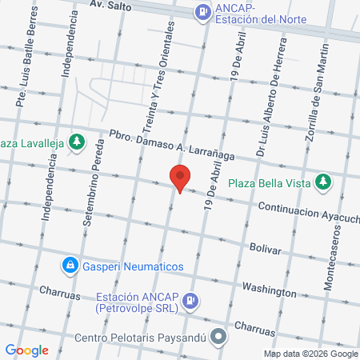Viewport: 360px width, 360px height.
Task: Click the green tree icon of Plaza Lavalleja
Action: [76, 142]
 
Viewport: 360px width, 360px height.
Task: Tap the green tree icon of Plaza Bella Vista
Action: [323, 182]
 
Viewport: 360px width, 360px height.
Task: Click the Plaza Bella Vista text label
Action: [269, 182]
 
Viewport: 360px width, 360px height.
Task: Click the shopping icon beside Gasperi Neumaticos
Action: [70, 265]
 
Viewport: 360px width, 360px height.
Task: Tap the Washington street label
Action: [268, 289]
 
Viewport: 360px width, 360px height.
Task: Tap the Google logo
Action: [26, 350]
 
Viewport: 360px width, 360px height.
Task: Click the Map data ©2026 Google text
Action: [311, 354]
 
